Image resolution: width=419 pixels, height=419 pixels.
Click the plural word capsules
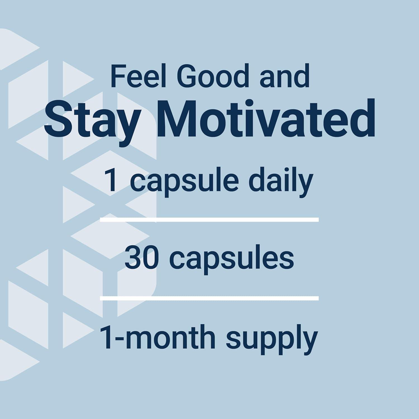coord(232,259)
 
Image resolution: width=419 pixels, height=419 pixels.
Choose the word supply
coord(272,339)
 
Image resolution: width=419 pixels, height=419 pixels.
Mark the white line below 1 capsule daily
coord(209,220)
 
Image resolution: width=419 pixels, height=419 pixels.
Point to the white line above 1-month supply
coord(209,298)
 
